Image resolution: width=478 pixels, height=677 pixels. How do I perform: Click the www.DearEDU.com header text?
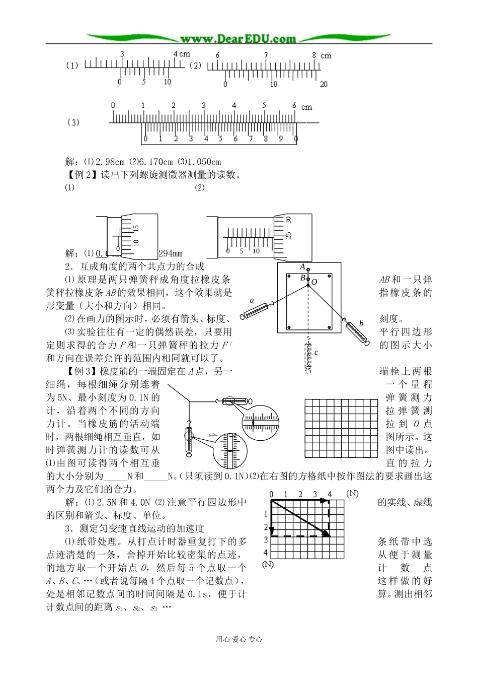point(238,38)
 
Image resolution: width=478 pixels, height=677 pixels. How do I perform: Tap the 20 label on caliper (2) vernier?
point(324,84)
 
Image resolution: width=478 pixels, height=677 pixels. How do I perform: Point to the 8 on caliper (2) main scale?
point(313,55)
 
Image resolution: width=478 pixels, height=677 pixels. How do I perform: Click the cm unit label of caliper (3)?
point(306,107)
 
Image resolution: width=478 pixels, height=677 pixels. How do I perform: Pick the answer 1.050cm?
point(204,162)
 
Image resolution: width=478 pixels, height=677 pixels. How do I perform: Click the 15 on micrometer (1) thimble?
point(136,229)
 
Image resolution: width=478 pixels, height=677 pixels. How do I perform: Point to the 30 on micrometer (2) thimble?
point(288,220)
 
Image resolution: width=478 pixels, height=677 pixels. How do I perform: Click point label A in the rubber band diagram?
point(302,266)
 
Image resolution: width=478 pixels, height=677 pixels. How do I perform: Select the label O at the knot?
point(314,282)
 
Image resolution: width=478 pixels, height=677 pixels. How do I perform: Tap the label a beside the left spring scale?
point(252,301)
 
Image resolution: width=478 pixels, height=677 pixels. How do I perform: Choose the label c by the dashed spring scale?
point(316,353)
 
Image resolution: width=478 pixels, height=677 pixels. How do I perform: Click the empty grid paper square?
point(341,428)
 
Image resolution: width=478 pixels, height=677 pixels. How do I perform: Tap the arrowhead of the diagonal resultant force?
point(327,533)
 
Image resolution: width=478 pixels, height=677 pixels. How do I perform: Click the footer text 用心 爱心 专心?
point(239,639)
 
